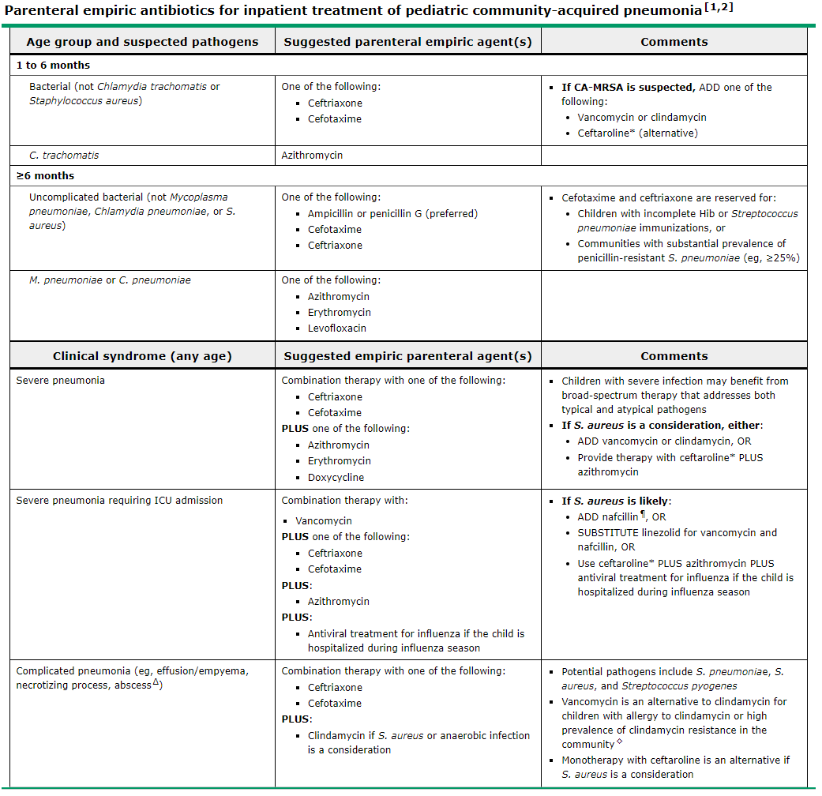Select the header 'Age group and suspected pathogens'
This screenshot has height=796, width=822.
tap(142, 42)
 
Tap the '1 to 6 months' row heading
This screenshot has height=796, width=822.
tap(53, 65)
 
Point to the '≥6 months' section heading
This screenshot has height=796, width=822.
tap(45, 175)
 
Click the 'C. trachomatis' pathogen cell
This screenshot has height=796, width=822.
tap(64, 156)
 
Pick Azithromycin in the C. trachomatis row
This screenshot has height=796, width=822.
tap(312, 156)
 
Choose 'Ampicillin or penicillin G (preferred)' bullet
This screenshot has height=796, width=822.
tap(392, 213)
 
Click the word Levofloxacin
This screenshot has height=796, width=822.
tap(337, 328)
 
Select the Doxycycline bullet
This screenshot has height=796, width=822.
tap(336, 477)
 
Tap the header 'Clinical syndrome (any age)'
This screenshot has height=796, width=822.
tap(142, 356)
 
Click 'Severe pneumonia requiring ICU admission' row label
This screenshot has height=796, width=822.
tap(119, 500)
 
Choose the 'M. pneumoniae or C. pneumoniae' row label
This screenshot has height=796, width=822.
tap(110, 280)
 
